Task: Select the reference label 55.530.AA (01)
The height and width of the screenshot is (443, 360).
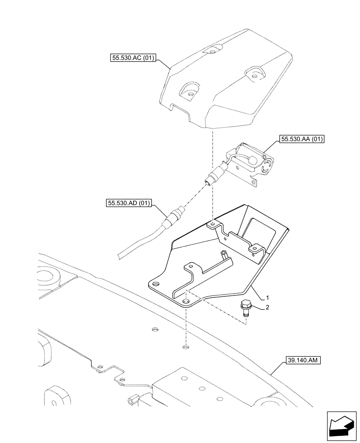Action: tap(302, 140)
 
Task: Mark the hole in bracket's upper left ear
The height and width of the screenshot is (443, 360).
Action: tap(213, 225)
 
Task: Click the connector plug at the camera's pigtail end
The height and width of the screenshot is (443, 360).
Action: tap(209, 180)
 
